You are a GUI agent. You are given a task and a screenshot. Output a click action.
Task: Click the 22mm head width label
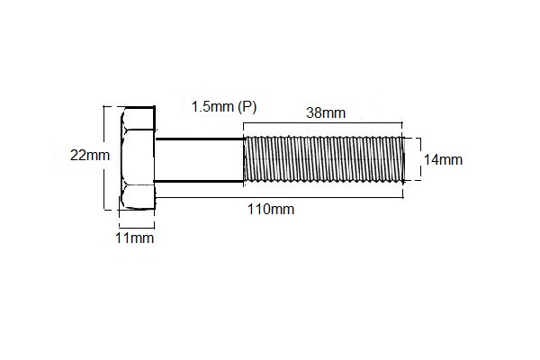point(89,155)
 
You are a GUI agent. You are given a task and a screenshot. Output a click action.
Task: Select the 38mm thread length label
point(325,113)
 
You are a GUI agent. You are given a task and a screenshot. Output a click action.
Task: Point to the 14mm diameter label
point(443,159)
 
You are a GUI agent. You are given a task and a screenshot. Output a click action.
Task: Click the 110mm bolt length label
point(271,209)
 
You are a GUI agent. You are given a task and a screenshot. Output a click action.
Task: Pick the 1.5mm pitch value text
point(212,106)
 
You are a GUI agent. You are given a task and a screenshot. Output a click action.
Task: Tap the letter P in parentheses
point(248,106)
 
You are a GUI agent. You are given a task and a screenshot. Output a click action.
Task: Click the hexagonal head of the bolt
point(137,159)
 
